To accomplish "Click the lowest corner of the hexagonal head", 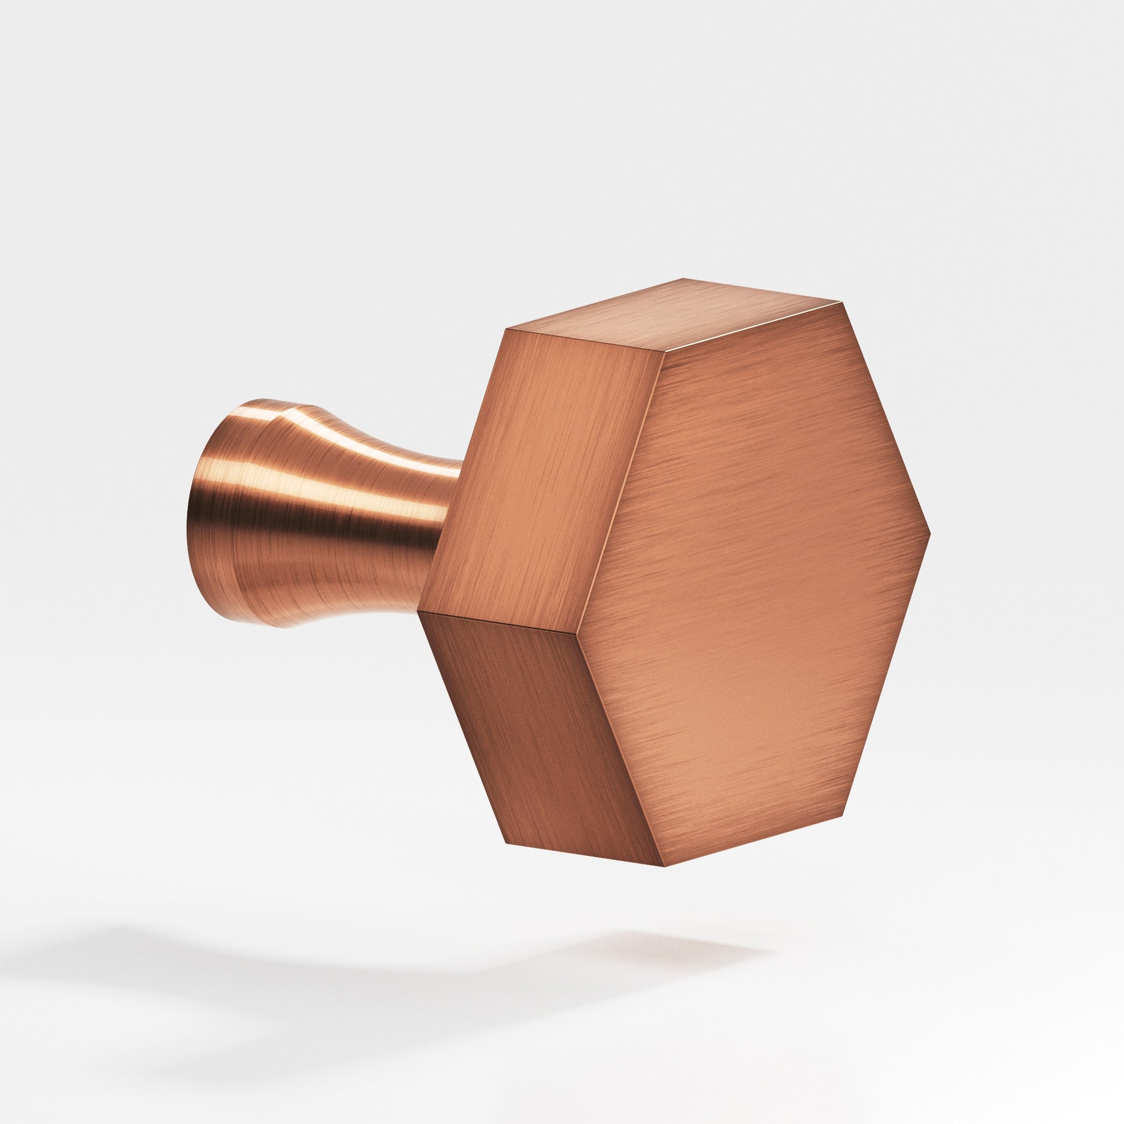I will click(664, 866).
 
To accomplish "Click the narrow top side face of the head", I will click(675, 320).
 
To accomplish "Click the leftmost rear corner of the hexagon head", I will click(419, 611).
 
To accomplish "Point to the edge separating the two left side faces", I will click(500, 621).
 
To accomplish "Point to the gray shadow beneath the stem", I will click(233, 954).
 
